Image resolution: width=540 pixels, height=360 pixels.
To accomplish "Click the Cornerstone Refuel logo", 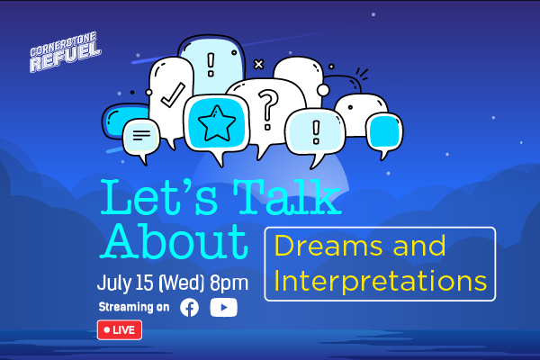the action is click(x=65, y=52).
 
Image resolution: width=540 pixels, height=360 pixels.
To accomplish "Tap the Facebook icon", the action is click(x=189, y=307).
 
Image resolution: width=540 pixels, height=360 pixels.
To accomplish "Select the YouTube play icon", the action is click(x=224, y=307).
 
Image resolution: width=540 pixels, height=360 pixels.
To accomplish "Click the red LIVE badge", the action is click(x=120, y=330).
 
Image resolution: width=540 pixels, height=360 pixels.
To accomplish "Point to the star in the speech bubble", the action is click(x=217, y=123).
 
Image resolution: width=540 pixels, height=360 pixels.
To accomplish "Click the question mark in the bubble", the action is click(x=268, y=110).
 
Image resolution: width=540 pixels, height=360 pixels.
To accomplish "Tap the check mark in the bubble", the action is click(x=173, y=95).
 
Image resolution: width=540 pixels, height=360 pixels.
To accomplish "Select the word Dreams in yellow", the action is click(x=328, y=246).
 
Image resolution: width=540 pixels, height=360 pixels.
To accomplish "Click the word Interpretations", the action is click(x=380, y=282).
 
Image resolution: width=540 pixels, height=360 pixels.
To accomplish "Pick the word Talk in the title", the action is click(x=288, y=197).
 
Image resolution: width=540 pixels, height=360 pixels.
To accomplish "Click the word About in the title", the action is click(x=175, y=241).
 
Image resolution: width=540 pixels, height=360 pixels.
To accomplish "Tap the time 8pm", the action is click(x=229, y=283).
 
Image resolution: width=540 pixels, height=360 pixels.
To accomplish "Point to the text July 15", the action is click(x=125, y=283).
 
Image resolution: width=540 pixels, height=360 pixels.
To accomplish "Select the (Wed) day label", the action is click(x=182, y=283).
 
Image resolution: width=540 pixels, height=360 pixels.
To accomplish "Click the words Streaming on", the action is click(x=134, y=307).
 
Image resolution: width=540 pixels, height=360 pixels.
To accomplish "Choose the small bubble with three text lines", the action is click(x=141, y=139).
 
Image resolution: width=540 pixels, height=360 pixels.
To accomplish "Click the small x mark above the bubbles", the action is click(x=258, y=64).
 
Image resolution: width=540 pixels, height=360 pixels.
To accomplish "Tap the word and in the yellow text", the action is click(x=419, y=246).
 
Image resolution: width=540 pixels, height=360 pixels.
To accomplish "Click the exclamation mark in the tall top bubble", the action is click(x=211, y=65).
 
